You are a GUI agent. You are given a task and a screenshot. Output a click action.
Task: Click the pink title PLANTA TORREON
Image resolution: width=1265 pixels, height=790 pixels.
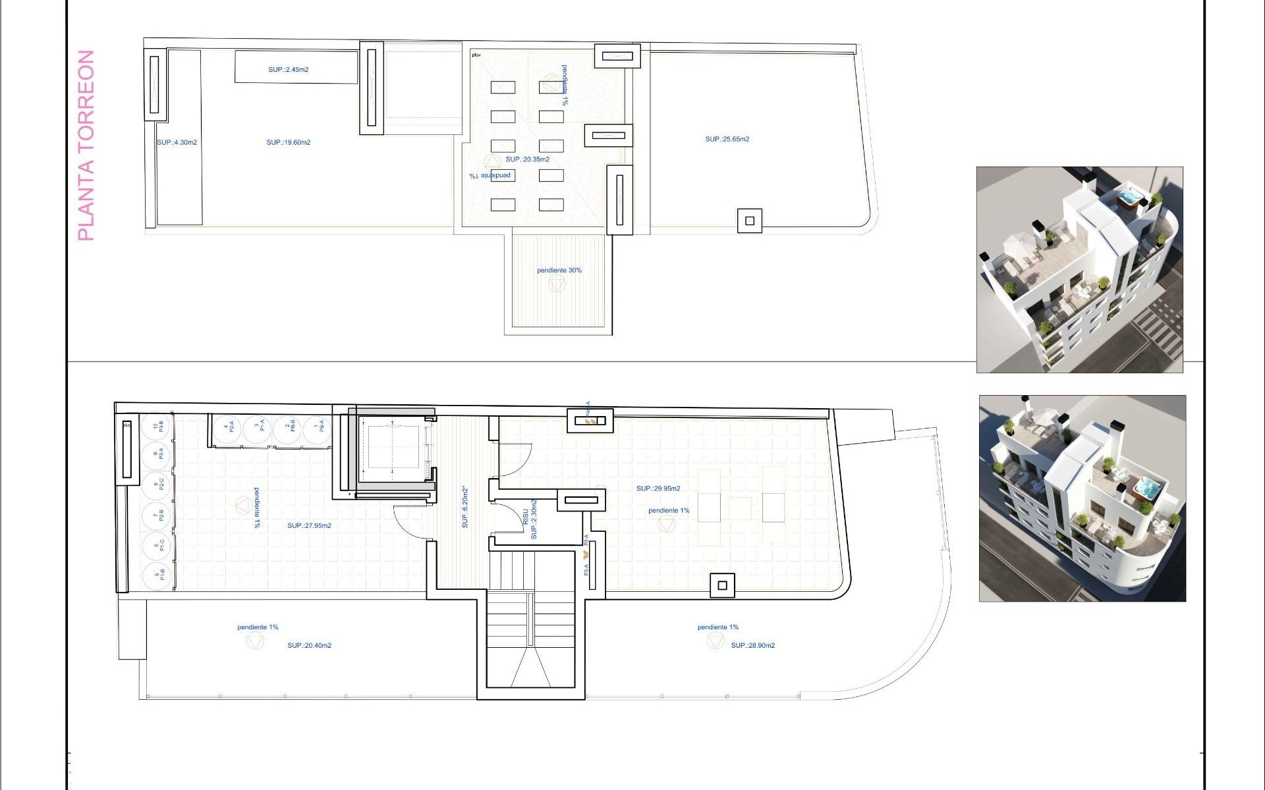(86, 145)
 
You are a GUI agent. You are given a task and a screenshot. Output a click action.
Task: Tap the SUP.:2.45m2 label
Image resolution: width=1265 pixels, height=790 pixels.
(288, 70)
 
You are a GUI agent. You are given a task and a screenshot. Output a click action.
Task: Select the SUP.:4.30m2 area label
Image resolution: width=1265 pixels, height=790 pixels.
(177, 143)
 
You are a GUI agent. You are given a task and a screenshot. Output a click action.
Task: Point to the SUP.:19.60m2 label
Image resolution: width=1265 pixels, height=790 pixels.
(288, 143)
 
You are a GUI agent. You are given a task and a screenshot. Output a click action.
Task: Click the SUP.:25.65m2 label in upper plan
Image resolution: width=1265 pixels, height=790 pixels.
(727, 140)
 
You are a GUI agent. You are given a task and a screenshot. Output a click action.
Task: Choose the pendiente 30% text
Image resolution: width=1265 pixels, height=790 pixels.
(559, 271)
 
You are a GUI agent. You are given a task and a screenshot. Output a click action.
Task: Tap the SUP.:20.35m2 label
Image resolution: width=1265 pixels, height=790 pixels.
(527, 159)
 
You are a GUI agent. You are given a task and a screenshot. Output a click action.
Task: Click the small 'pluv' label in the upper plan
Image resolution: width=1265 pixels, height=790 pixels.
(476, 55)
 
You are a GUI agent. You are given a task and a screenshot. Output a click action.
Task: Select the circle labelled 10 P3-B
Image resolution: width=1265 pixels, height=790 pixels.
(158, 427)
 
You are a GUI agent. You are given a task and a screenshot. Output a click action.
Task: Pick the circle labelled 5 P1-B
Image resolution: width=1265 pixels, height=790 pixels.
(158, 575)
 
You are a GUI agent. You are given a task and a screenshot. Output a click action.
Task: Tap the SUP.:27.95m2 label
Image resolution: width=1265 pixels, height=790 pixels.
(309, 526)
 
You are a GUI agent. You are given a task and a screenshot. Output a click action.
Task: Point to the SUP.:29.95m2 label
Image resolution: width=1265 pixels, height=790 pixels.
(658, 488)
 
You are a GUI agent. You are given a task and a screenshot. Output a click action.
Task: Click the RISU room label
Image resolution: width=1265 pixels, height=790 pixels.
(526, 517)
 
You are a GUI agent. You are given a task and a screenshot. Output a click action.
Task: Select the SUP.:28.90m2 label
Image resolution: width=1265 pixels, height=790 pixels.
(752, 646)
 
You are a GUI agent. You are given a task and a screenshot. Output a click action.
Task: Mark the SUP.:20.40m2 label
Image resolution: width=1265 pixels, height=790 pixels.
(309, 646)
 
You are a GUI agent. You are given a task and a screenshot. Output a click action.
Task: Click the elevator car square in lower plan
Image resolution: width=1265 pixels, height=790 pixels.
(393, 447)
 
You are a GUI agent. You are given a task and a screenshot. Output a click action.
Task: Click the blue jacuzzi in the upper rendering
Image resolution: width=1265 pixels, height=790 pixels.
(1130, 196)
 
